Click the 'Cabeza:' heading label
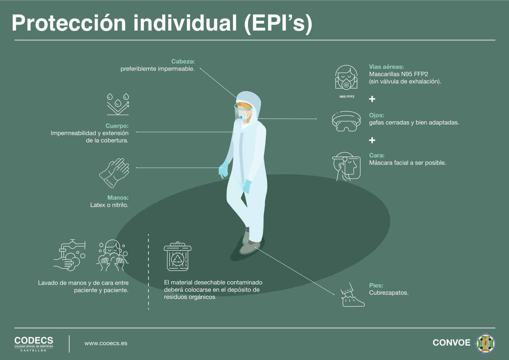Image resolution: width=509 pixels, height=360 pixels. [183, 61]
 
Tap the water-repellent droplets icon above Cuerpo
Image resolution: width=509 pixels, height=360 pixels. [118, 104]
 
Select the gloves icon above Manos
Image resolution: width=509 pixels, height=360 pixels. [114, 173]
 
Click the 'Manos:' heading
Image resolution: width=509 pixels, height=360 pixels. [118, 198]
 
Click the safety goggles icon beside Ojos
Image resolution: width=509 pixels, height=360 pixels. [346, 121]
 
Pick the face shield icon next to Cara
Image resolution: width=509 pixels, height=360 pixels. [346, 167]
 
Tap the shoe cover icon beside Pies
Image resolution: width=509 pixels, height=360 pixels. [352, 295]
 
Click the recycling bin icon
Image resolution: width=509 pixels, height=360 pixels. [178, 256]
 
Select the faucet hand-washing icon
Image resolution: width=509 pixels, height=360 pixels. [70, 255]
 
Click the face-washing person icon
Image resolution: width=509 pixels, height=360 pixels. [113, 256]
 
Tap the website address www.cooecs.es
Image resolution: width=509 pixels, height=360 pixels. [106, 343]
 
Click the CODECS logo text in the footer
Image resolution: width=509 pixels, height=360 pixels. [34, 341]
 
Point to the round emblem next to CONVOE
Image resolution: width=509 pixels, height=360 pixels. [485, 343]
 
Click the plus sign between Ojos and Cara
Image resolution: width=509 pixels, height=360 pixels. [372, 140]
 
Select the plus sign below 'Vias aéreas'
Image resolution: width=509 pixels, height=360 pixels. [372, 99]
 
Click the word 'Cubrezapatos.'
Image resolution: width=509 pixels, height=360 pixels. [389, 293]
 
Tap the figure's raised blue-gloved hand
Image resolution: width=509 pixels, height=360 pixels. [223, 169]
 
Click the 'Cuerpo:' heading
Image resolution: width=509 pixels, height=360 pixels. [117, 126]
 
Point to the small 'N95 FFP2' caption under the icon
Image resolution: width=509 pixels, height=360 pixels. [347, 97]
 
